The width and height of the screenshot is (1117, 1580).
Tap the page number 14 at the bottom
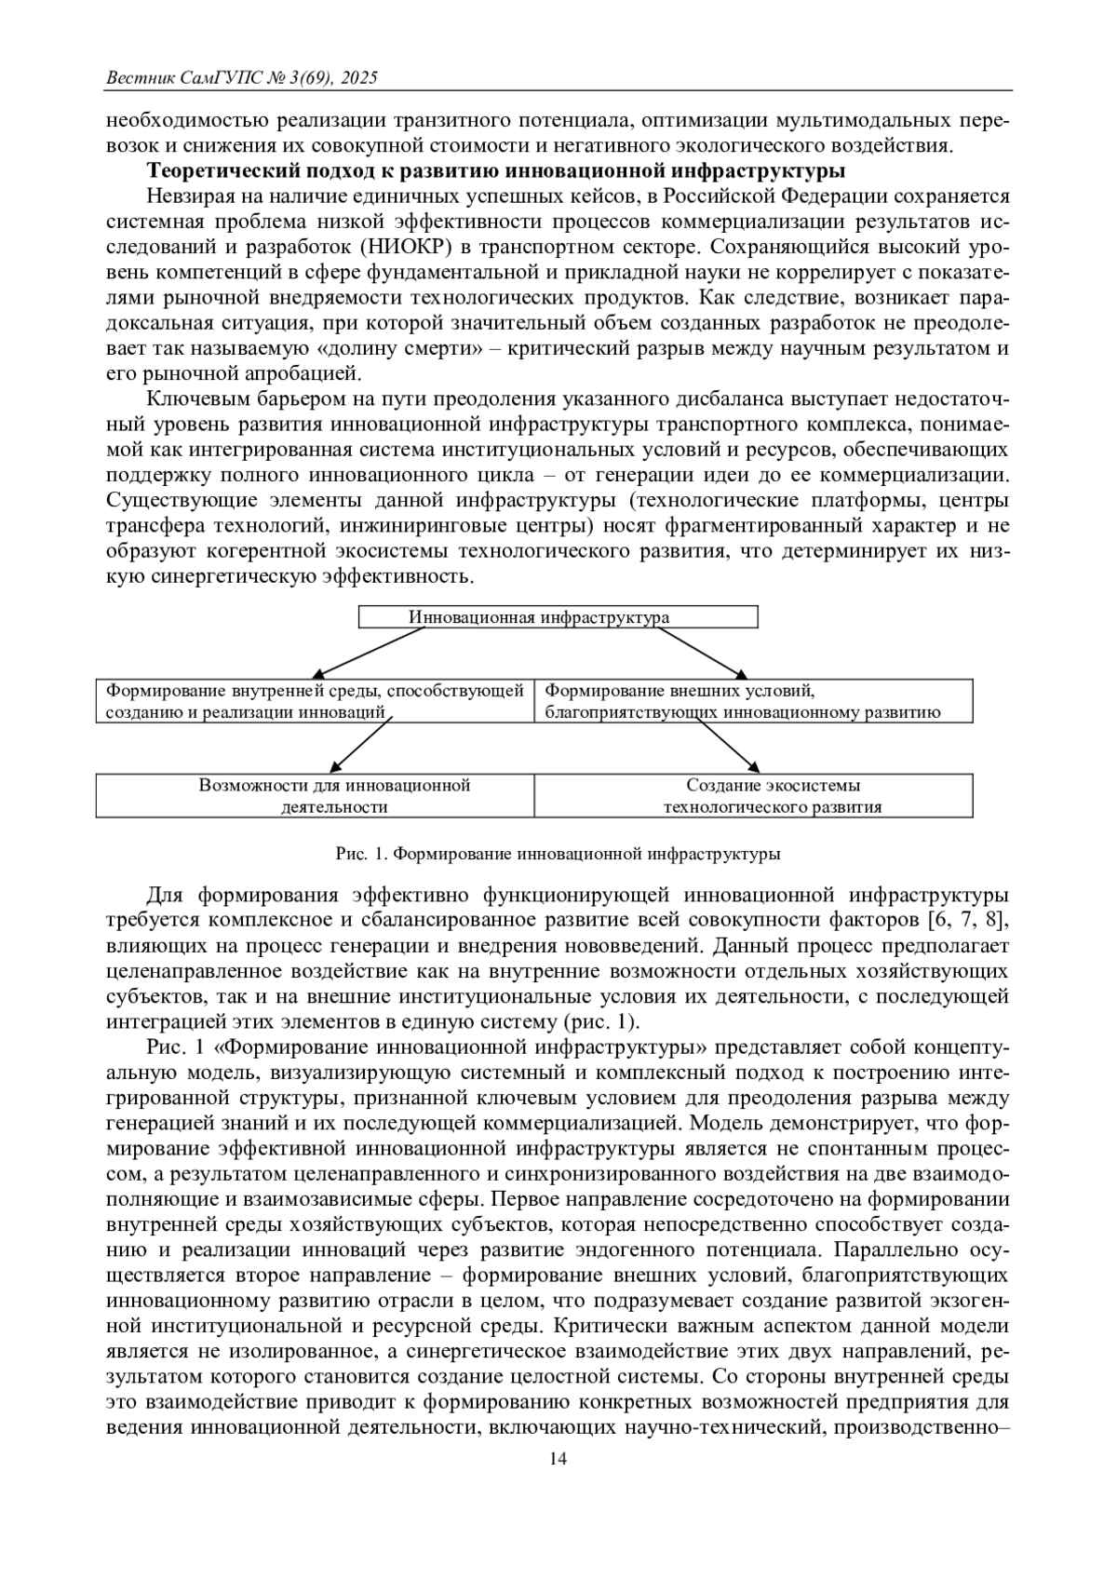558,1459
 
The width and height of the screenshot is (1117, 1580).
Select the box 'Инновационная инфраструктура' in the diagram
558,617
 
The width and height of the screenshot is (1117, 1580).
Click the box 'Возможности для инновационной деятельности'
316,796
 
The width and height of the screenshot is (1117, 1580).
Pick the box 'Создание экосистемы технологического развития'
754,796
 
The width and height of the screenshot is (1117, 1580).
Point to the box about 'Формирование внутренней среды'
316,701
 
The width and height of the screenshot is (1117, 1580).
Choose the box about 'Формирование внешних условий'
754,701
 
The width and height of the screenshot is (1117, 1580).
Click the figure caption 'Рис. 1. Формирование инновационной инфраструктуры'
558,853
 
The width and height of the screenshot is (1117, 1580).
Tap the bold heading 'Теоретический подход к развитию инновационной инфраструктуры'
496,171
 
